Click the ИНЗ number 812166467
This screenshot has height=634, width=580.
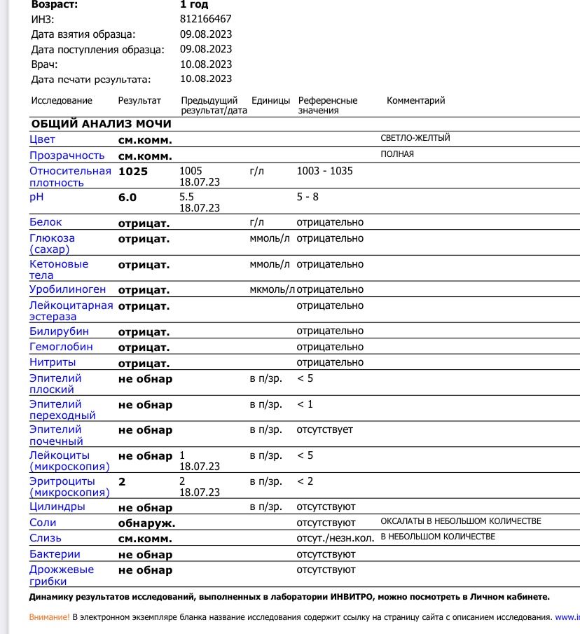pos(205,19)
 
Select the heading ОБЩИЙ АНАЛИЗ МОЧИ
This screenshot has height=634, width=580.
pos(101,124)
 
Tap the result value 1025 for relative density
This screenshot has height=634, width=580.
pos(133,171)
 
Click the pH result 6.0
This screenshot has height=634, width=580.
pos(127,198)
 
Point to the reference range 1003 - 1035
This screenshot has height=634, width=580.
pos(325,171)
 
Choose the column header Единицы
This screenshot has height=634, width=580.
pos(270,101)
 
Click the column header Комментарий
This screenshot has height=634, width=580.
pos(415,101)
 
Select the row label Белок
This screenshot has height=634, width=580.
pos(46,222)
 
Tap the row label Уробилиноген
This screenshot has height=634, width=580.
pos(67,289)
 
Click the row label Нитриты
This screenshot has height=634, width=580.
pos(53,362)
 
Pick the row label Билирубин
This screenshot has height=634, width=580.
pos(59,331)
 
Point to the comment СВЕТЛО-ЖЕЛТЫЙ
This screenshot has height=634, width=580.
pos(415,138)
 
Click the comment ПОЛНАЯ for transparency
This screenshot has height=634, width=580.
pos(397,154)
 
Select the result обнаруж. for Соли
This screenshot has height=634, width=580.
pos(146,523)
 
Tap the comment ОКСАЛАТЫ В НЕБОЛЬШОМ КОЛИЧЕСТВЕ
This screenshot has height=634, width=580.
pos(460,521)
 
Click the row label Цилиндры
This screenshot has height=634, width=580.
pos(57,506)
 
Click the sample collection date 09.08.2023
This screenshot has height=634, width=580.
pos(205,34)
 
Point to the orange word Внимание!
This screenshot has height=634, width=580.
pos(49,617)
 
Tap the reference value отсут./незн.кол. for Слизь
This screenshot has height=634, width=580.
pos(336,538)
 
